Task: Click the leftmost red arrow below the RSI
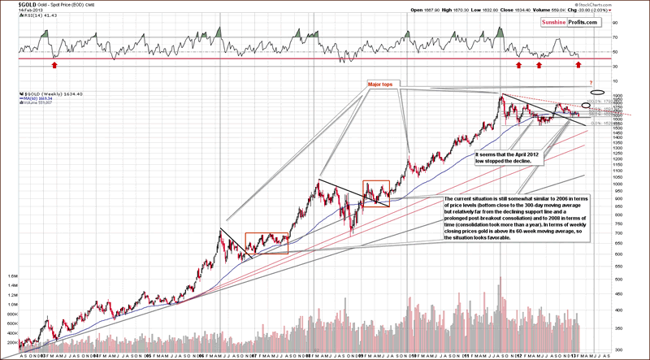tap(54, 63)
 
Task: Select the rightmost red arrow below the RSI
tap(578, 63)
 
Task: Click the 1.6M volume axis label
tap(11, 275)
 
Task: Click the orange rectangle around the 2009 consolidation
tap(375, 193)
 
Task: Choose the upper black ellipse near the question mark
tap(597, 93)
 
